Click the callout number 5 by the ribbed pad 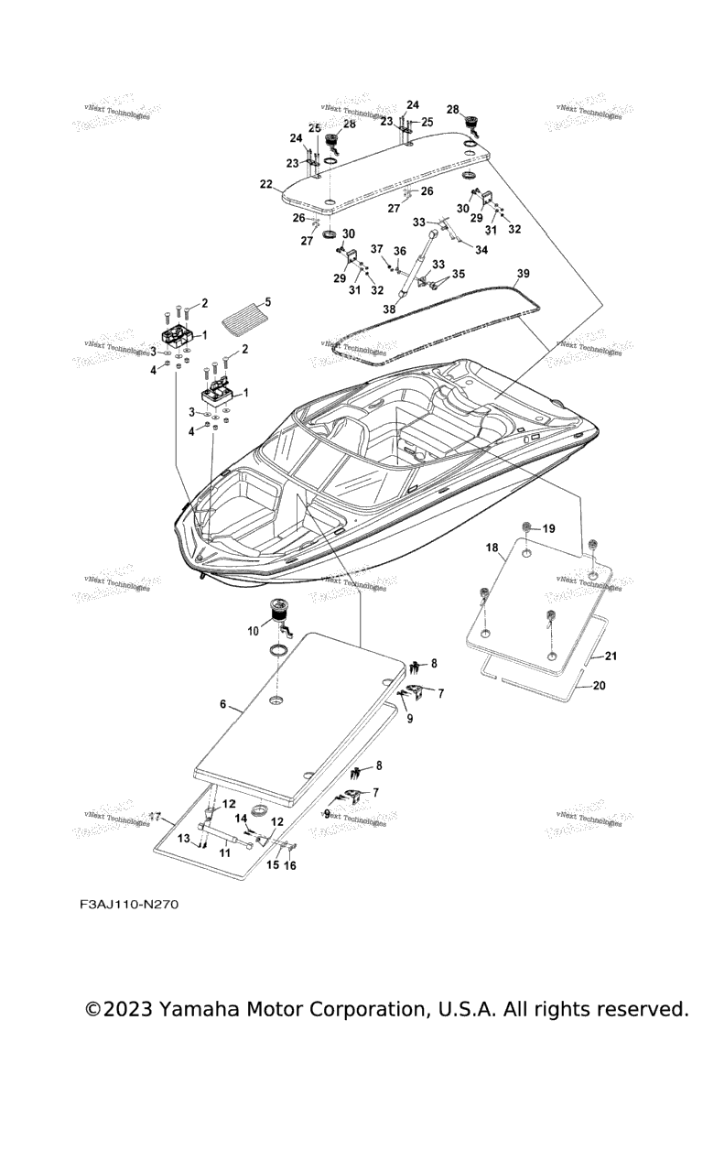pos(268,301)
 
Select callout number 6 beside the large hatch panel pos(222,704)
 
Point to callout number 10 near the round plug pos(254,631)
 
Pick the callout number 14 pos(242,818)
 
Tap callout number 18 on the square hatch pos(492,548)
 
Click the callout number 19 pos(549,529)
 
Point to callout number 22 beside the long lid pos(265,184)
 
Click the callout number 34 pos(481,250)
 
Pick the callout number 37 pos(376,249)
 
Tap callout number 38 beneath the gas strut pos(389,309)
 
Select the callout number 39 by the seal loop pos(523,274)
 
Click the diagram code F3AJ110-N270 pos(128,905)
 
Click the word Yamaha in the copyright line pos(201,1009)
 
